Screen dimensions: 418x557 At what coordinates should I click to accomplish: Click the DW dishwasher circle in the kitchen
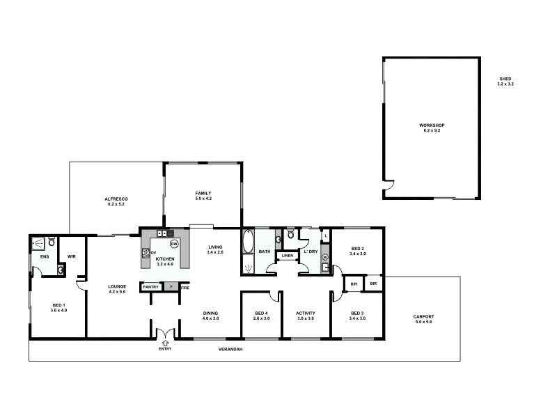click(173, 244)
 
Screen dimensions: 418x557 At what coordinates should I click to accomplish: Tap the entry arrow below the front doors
click(164, 342)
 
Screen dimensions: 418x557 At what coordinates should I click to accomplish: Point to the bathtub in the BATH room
click(248, 242)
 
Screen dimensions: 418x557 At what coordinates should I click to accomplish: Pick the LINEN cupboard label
click(287, 256)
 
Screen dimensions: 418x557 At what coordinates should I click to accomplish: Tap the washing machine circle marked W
click(324, 258)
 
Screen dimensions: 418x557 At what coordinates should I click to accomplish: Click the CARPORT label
click(423, 316)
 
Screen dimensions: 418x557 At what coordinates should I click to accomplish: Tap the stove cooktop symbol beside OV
click(146, 252)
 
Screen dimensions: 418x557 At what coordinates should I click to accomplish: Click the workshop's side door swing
click(389, 187)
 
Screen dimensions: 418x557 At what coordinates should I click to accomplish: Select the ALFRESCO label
click(116, 199)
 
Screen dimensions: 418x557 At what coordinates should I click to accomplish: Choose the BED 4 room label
click(261, 313)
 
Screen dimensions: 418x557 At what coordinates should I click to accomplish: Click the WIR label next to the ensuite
click(71, 256)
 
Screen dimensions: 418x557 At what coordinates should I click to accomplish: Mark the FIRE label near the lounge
click(185, 287)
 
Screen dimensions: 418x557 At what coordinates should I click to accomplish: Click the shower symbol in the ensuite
click(40, 243)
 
